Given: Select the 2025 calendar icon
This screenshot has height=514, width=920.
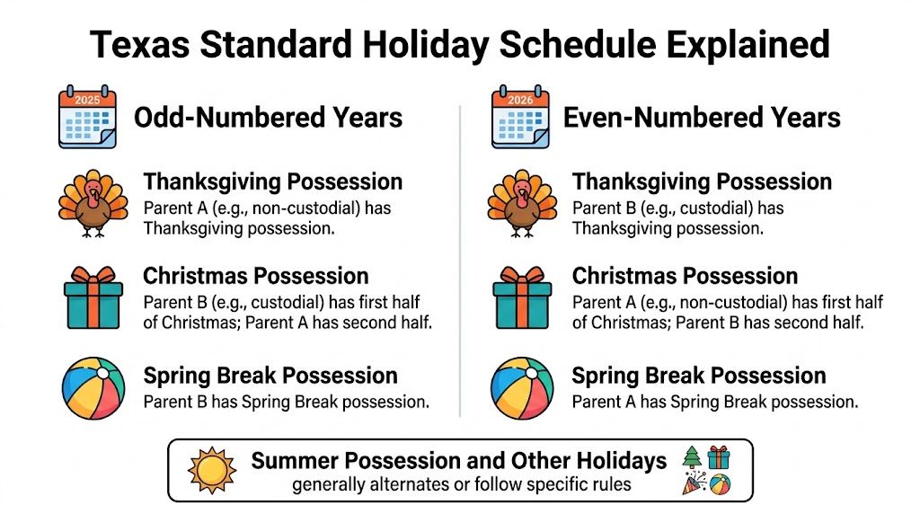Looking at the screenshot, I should tap(87, 116).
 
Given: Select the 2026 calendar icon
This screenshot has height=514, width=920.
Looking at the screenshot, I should tap(520, 116).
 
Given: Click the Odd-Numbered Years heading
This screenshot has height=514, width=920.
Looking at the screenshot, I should tap(268, 117).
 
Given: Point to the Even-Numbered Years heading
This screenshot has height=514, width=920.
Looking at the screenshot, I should tap(702, 117).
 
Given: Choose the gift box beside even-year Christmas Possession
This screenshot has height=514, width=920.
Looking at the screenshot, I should tap(522, 297).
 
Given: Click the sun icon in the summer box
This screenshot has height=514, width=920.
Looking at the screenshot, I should tap(213, 470).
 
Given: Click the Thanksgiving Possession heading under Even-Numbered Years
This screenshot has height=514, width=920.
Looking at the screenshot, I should tap(702, 182).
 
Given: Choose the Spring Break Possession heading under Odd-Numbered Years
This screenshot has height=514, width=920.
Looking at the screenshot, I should tap(270, 376).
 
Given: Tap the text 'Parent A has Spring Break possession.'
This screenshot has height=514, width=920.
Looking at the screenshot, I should tap(714, 402).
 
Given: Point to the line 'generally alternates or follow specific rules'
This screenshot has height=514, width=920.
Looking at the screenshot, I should tap(462, 485).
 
